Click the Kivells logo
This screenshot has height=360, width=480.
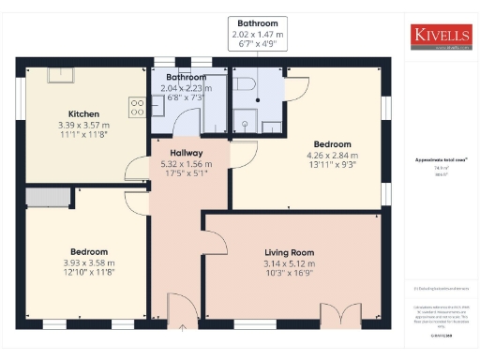click(x=442, y=36)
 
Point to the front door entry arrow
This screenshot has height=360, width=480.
click(x=182, y=326)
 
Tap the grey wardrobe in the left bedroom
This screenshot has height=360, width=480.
click(x=47, y=197)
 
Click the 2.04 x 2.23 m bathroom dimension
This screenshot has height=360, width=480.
click(x=187, y=88)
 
